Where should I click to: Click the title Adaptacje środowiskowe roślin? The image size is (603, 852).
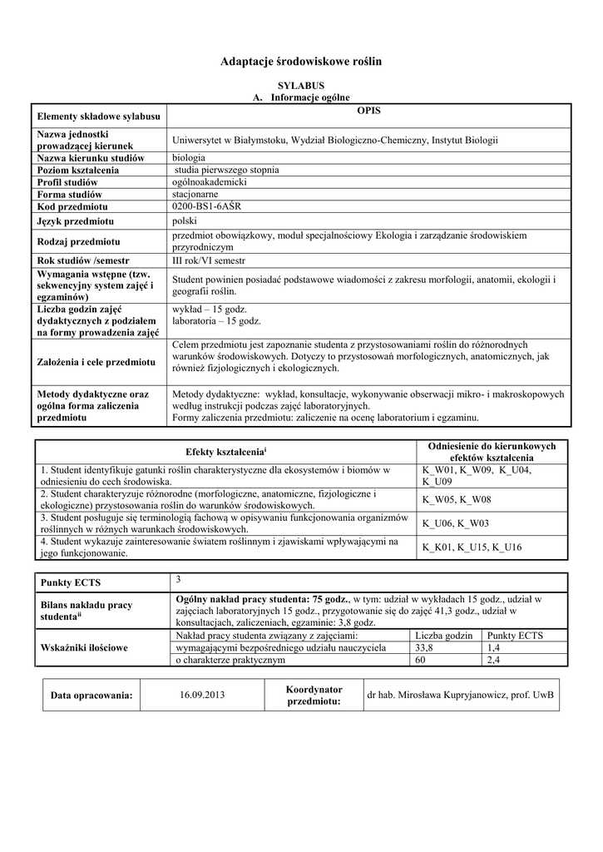point(301,62)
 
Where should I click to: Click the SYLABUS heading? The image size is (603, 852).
point(300,86)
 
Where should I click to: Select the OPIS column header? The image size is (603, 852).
point(368,111)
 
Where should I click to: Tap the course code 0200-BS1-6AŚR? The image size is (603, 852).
point(205,206)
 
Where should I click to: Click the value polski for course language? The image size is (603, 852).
point(184,220)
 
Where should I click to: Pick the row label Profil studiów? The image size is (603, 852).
point(67,182)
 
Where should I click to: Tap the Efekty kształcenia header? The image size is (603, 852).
point(225,451)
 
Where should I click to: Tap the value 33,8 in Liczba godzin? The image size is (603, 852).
point(424,647)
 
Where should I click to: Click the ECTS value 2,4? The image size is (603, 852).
point(494,660)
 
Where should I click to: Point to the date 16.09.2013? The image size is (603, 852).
point(202,695)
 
